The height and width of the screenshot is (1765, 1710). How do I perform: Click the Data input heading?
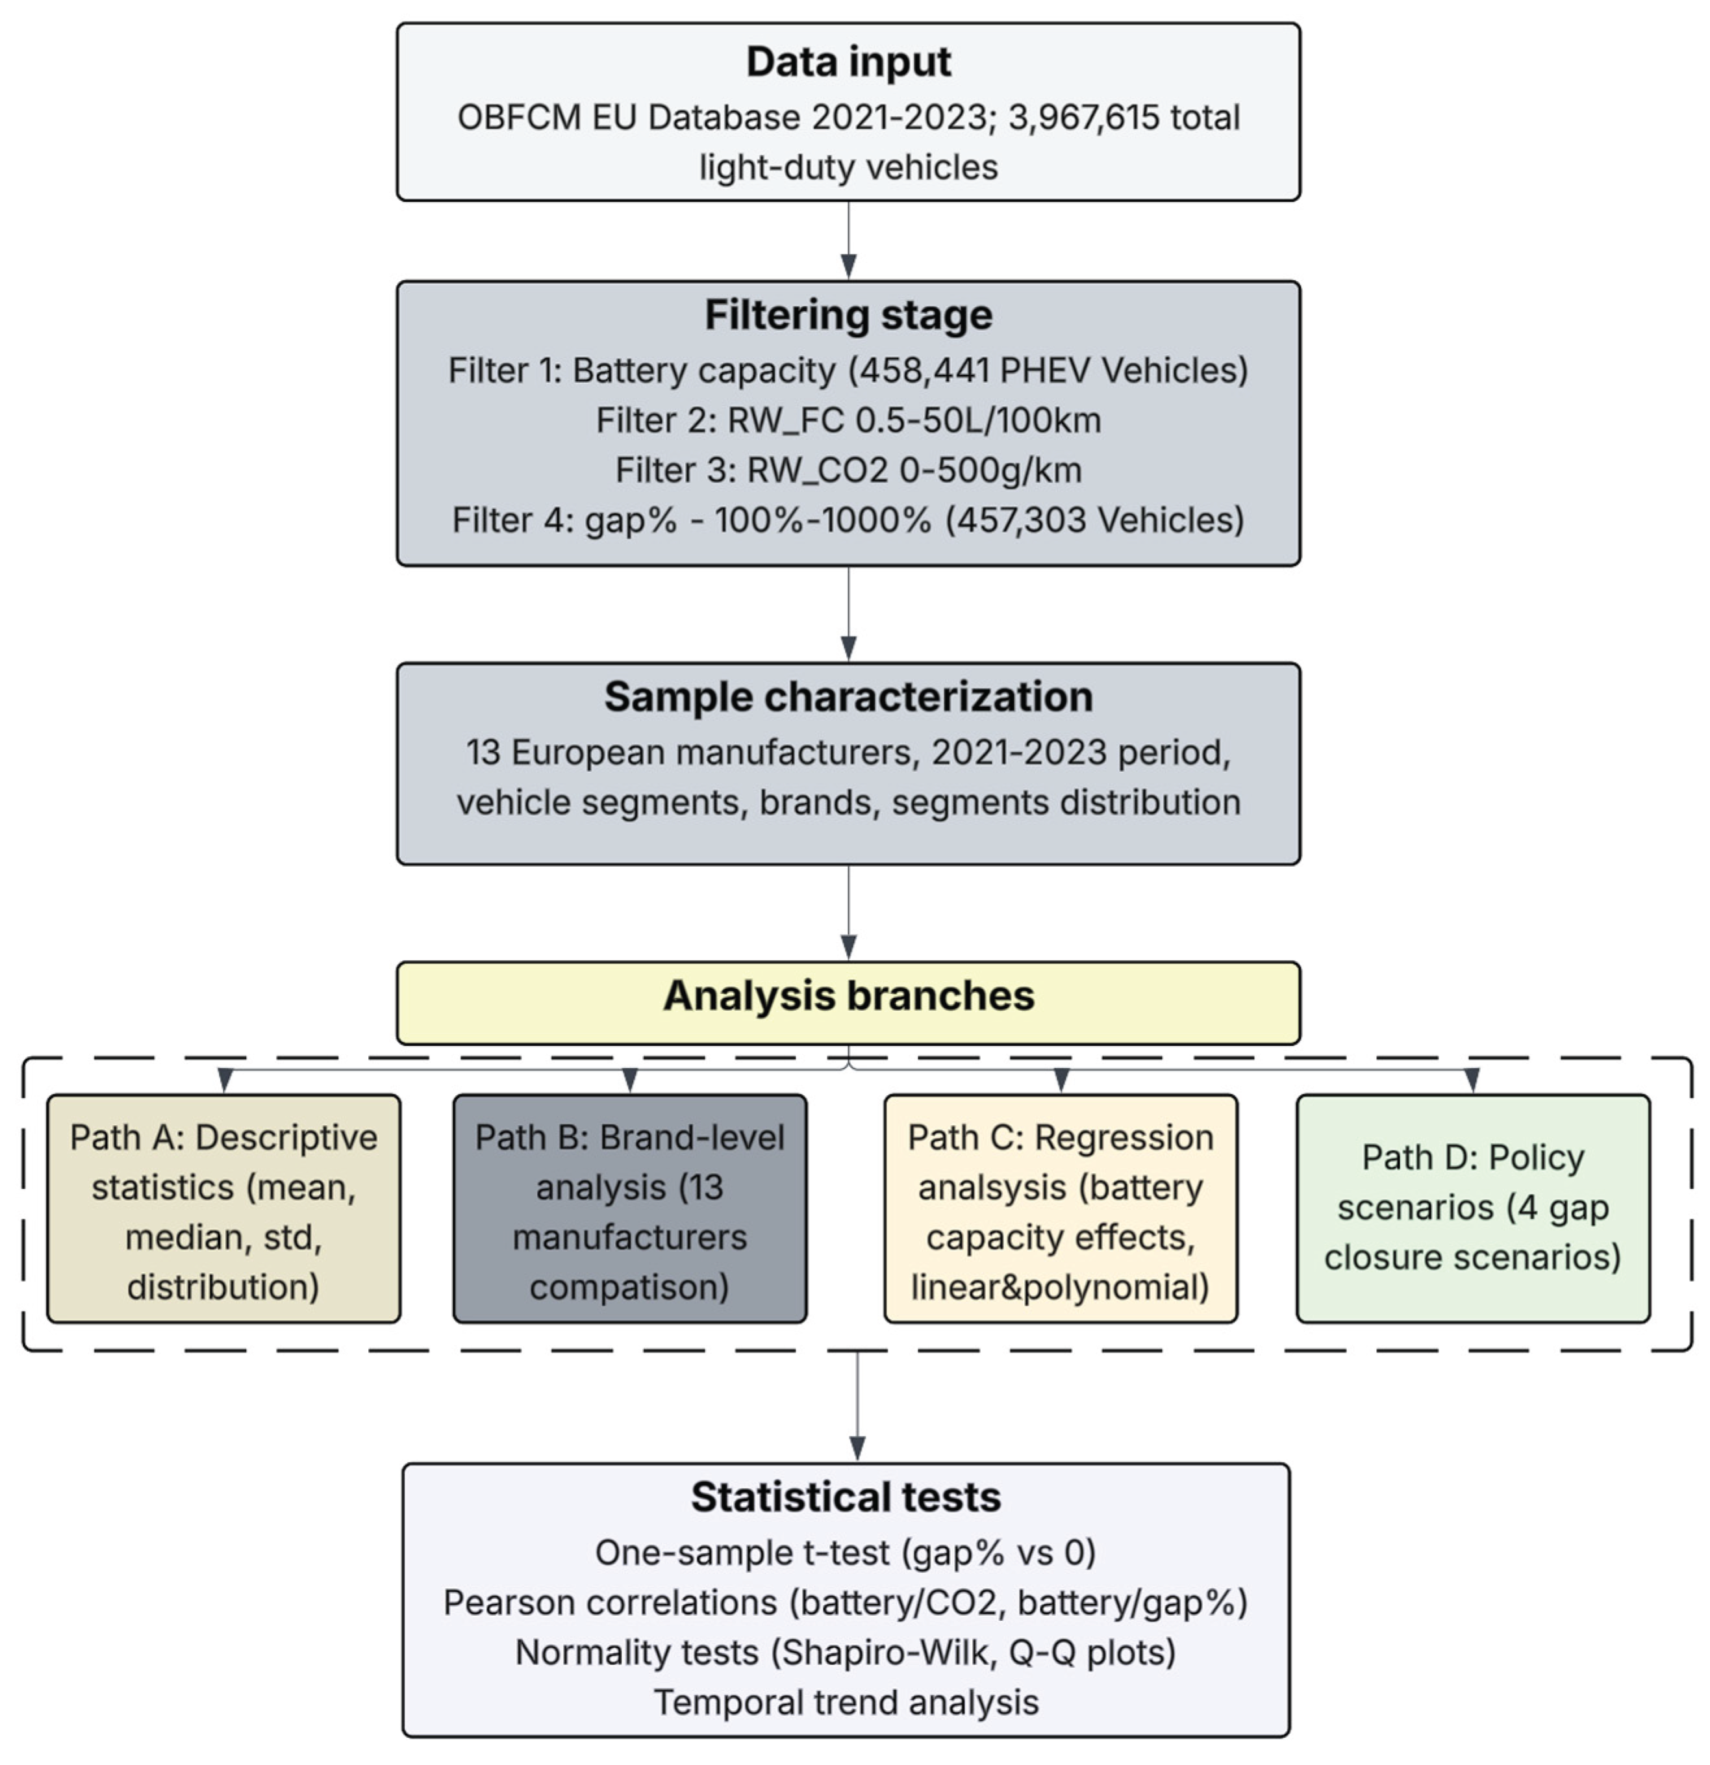(848, 61)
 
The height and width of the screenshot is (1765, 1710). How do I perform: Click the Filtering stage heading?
(848, 315)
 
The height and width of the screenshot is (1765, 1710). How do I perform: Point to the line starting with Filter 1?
(848, 371)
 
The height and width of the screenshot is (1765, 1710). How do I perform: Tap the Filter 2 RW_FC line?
(848, 420)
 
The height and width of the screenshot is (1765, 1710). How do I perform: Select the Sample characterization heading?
(848, 697)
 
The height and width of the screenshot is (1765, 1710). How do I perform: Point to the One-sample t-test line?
(845, 1553)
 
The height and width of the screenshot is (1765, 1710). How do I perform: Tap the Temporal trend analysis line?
(845, 1703)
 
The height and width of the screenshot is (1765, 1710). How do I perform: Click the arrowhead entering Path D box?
(1472, 1080)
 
